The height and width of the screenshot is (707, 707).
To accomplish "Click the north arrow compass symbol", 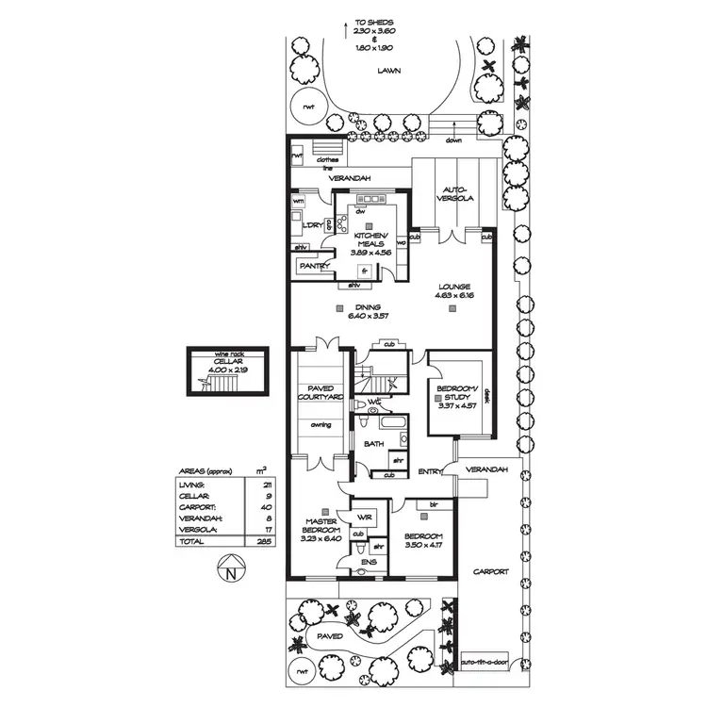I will pyautogui.click(x=230, y=568).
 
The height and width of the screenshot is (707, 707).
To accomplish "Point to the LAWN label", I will pyautogui.click(x=384, y=71).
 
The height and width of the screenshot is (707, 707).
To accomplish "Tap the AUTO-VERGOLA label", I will pyautogui.click(x=452, y=194).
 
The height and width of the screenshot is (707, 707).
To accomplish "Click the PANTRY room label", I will pyautogui.click(x=312, y=267).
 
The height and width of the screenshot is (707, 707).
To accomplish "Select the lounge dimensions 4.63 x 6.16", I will pyautogui.click(x=452, y=296).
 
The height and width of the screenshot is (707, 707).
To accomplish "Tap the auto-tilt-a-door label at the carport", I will pyautogui.click(x=485, y=663).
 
